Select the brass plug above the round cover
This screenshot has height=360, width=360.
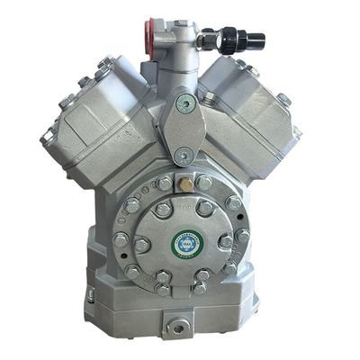(x=184, y=184)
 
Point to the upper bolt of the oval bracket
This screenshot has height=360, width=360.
(x=185, y=103)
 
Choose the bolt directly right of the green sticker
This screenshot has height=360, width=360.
(x=224, y=242)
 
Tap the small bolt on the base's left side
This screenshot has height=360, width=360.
(x=91, y=295)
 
